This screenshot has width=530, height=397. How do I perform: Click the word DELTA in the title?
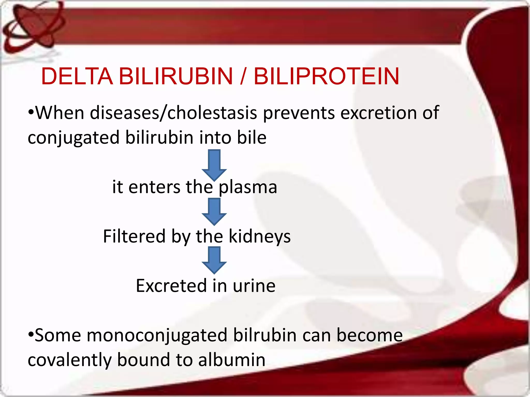[x=77, y=76]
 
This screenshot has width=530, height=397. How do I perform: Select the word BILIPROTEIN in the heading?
[x=327, y=76]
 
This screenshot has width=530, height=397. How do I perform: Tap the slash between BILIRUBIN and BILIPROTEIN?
[x=242, y=76]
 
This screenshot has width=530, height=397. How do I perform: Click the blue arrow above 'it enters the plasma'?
[x=214, y=165]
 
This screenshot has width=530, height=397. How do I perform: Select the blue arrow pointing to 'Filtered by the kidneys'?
[x=214, y=211]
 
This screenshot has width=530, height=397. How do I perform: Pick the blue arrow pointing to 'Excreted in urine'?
[x=214, y=260]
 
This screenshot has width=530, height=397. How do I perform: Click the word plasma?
[x=248, y=187]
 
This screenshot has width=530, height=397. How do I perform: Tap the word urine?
[x=254, y=286]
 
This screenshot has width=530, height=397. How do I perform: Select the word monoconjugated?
[x=157, y=335]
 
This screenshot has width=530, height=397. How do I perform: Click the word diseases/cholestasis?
[x=173, y=113]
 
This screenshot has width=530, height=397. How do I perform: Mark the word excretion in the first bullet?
[x=378, y=113]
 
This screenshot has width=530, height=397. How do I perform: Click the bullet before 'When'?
[x=31, y=113]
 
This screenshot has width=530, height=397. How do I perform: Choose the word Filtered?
[x=134, y=236]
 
